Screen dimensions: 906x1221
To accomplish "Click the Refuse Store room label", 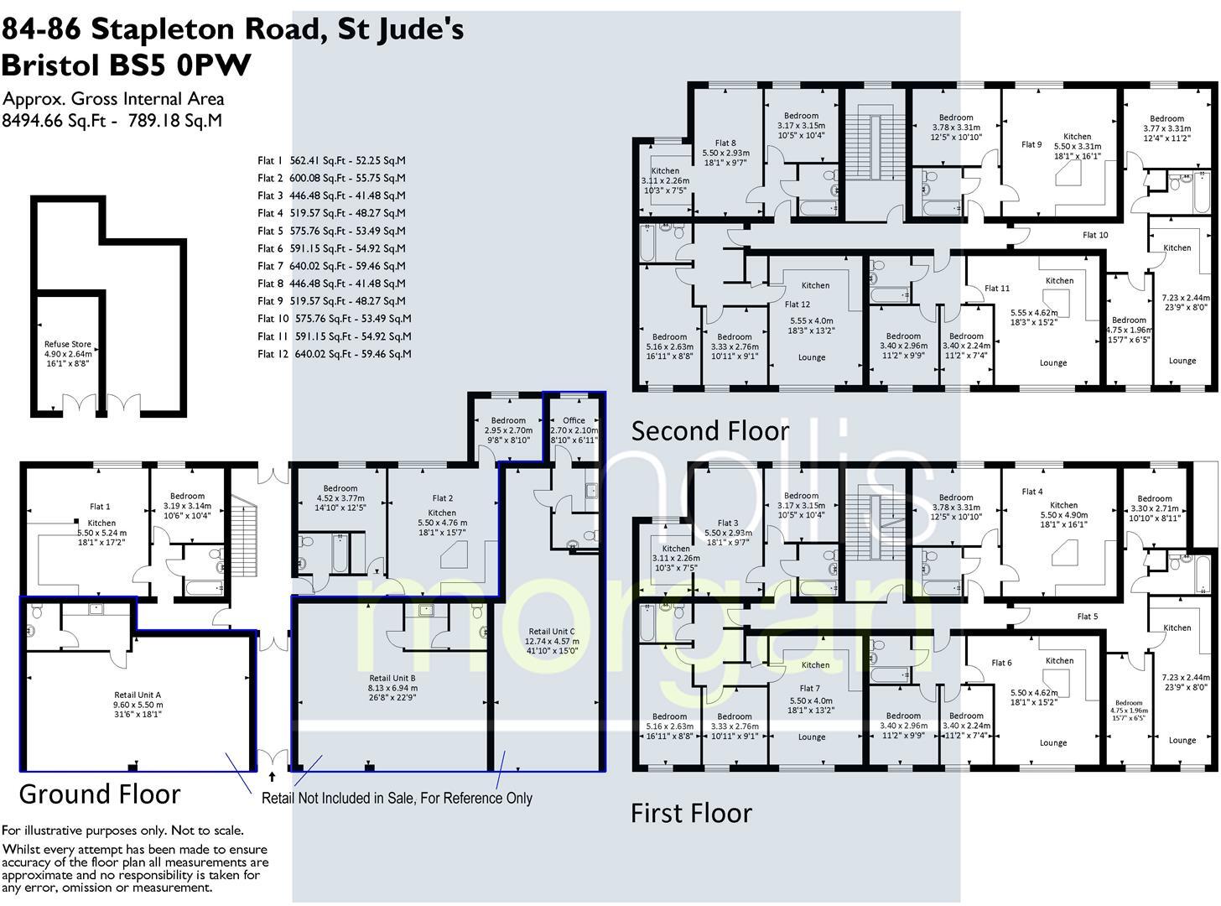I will [67, 344].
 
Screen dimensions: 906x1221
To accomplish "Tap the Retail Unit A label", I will [138, 695].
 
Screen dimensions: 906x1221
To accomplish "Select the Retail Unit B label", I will [392, 678].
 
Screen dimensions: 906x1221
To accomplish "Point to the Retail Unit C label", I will [551, 632].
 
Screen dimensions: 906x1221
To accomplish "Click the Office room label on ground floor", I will [574, 420].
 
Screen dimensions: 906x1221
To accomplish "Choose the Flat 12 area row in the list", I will [334, 354].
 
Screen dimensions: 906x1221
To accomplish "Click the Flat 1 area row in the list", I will [331, 160].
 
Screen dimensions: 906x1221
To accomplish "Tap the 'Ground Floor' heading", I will [99, 794].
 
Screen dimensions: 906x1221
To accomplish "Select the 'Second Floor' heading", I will [709, 430].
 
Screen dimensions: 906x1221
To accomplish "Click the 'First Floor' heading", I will [691, 812].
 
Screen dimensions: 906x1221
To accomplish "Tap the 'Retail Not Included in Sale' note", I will [397, 798].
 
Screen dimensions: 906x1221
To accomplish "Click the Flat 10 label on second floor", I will [1095, 235].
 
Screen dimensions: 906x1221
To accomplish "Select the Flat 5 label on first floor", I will [1087, 617].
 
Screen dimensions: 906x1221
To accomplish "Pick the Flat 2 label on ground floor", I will [442, 498].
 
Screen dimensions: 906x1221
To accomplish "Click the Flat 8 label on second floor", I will [725, 143].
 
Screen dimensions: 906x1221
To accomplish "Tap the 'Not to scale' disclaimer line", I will [122, 830].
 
